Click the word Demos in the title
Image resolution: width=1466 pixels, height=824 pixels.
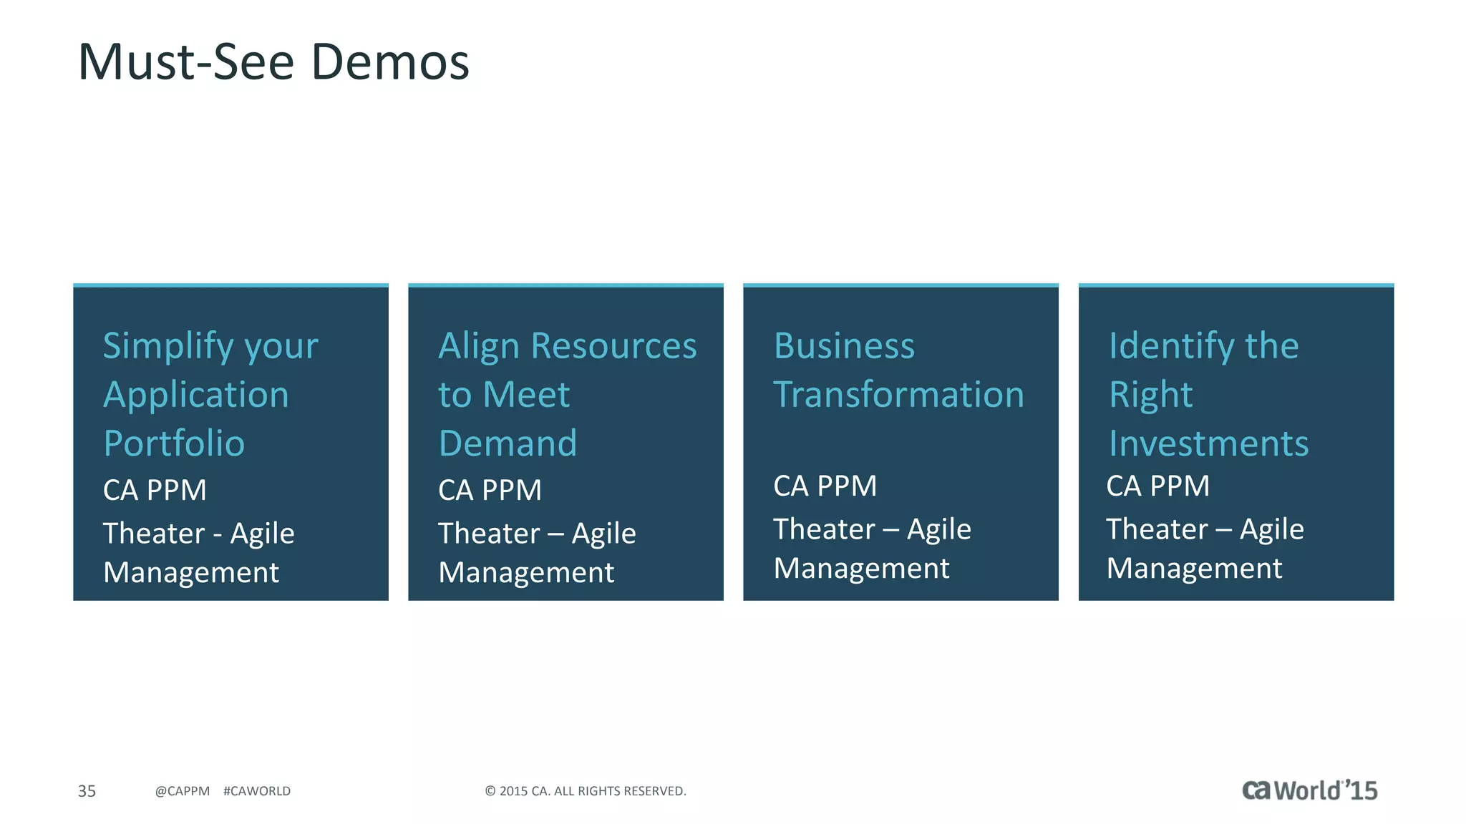click(x=390, y=62)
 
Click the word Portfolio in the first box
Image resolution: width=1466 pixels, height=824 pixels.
click(x=174, y=443)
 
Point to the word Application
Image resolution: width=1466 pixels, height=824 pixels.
click(x=196, y=396)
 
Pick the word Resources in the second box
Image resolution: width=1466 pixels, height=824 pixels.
click(x=613, y=346)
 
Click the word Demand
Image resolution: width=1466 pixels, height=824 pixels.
click(x=508, y=443)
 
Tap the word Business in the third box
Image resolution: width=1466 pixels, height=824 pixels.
click(x=844, y=346)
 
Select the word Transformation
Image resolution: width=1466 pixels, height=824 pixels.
click(x=898, y=395)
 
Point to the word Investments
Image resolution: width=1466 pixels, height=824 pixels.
click(x=1208, y=443)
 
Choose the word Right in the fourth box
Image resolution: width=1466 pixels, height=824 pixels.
click(x=1150, y=396)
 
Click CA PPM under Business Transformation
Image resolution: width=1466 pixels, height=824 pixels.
click(x=825, y=486)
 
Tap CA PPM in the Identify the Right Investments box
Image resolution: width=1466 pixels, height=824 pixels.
click(x=1157, y=486)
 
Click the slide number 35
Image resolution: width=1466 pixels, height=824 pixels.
click(x=87, y=791)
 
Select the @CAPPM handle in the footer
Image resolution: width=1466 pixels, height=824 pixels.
click(x=183, y=791)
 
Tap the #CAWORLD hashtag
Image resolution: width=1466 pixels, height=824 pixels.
click(x=257, y=791)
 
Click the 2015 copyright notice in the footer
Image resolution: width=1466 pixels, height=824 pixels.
click(x=586, y=791)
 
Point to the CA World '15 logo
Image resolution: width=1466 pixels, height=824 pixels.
click(x=1309, y=790)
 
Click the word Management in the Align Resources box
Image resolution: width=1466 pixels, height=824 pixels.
click(x=526, y=573)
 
